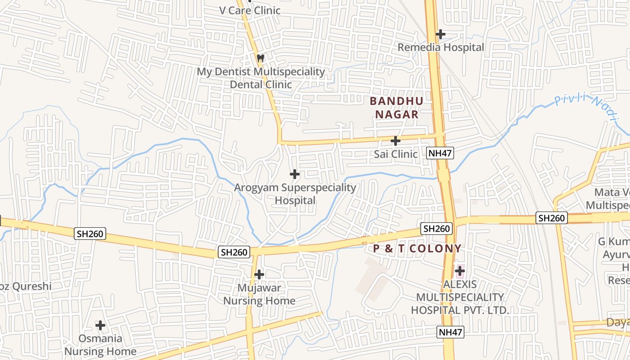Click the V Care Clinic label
250,10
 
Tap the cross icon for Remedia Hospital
441,34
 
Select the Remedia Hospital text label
441,47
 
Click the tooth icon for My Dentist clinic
260,58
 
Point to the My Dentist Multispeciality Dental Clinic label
261,78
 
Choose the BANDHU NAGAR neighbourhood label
397,108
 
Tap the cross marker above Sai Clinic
396,141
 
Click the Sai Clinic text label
396,154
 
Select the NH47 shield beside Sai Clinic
440,153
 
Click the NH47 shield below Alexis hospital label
450,332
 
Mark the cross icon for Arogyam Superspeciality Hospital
295,174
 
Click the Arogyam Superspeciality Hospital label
295,194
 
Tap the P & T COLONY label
417,248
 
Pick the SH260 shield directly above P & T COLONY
436,229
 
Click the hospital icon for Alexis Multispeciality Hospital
459,271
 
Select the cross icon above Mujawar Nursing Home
259,274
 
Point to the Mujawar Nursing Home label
260,294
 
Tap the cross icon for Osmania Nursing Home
100,325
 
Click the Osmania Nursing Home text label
100,345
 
